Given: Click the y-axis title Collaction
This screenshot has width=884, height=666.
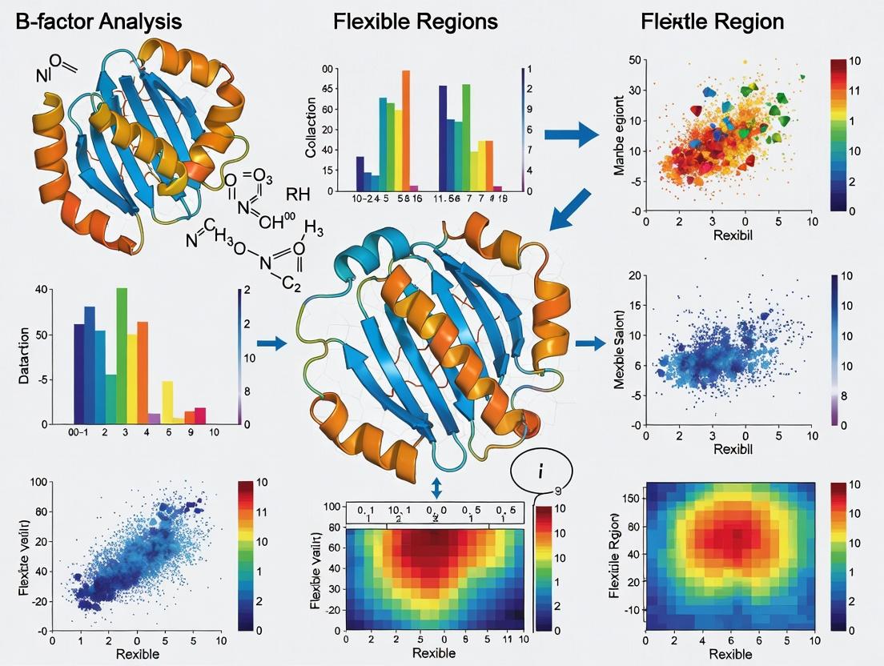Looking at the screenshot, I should point(311,130).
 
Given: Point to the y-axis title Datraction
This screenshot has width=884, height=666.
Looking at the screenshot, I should point(23,355).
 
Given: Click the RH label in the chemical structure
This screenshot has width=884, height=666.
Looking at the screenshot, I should point(297,195).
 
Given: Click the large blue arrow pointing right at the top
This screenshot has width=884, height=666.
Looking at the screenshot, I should point(571,133).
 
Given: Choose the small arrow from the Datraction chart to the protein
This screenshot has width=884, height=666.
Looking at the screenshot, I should point(275,343).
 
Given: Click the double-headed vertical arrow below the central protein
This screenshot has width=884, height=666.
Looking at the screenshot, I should point(436,486).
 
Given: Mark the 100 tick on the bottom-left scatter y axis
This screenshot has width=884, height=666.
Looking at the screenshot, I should point(36,482).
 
